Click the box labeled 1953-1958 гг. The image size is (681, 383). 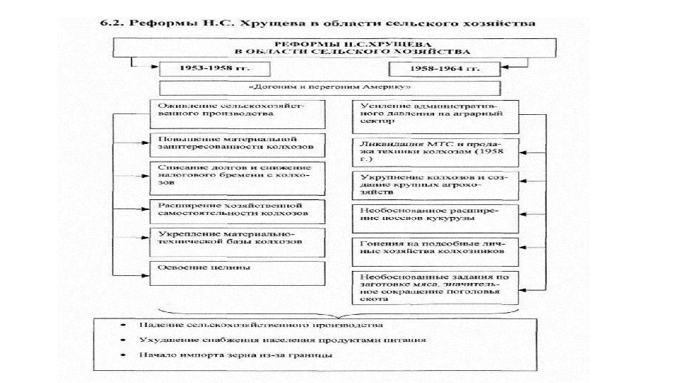(x=206, y=69)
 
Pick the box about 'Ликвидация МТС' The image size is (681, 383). (x=441, y=148)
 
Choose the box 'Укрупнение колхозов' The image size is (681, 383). (x=441, y=183)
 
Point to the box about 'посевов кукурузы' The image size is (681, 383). (x=441, y=216)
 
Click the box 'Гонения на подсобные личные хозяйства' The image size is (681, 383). (x=441, y=248)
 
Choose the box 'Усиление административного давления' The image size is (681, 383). (x=441, y=116)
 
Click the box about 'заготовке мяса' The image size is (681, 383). (x=441, y=288)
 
